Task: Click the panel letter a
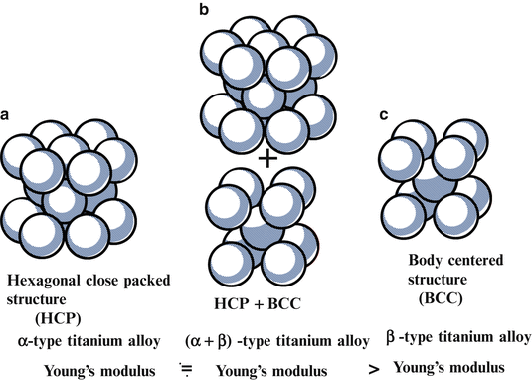point(7,115)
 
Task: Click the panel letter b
point(204,9)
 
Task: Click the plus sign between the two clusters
point(266,159)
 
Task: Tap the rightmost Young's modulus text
point(448,367)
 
